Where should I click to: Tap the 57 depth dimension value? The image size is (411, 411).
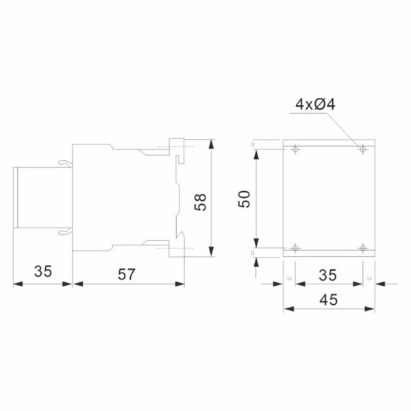(126, 274)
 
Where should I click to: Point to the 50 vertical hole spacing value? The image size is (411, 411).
(246, 199)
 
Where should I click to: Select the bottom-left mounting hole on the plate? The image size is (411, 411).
(295, 247)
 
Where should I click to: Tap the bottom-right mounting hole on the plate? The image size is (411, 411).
(361, 247)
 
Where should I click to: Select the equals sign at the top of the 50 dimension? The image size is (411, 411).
(253, 145)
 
